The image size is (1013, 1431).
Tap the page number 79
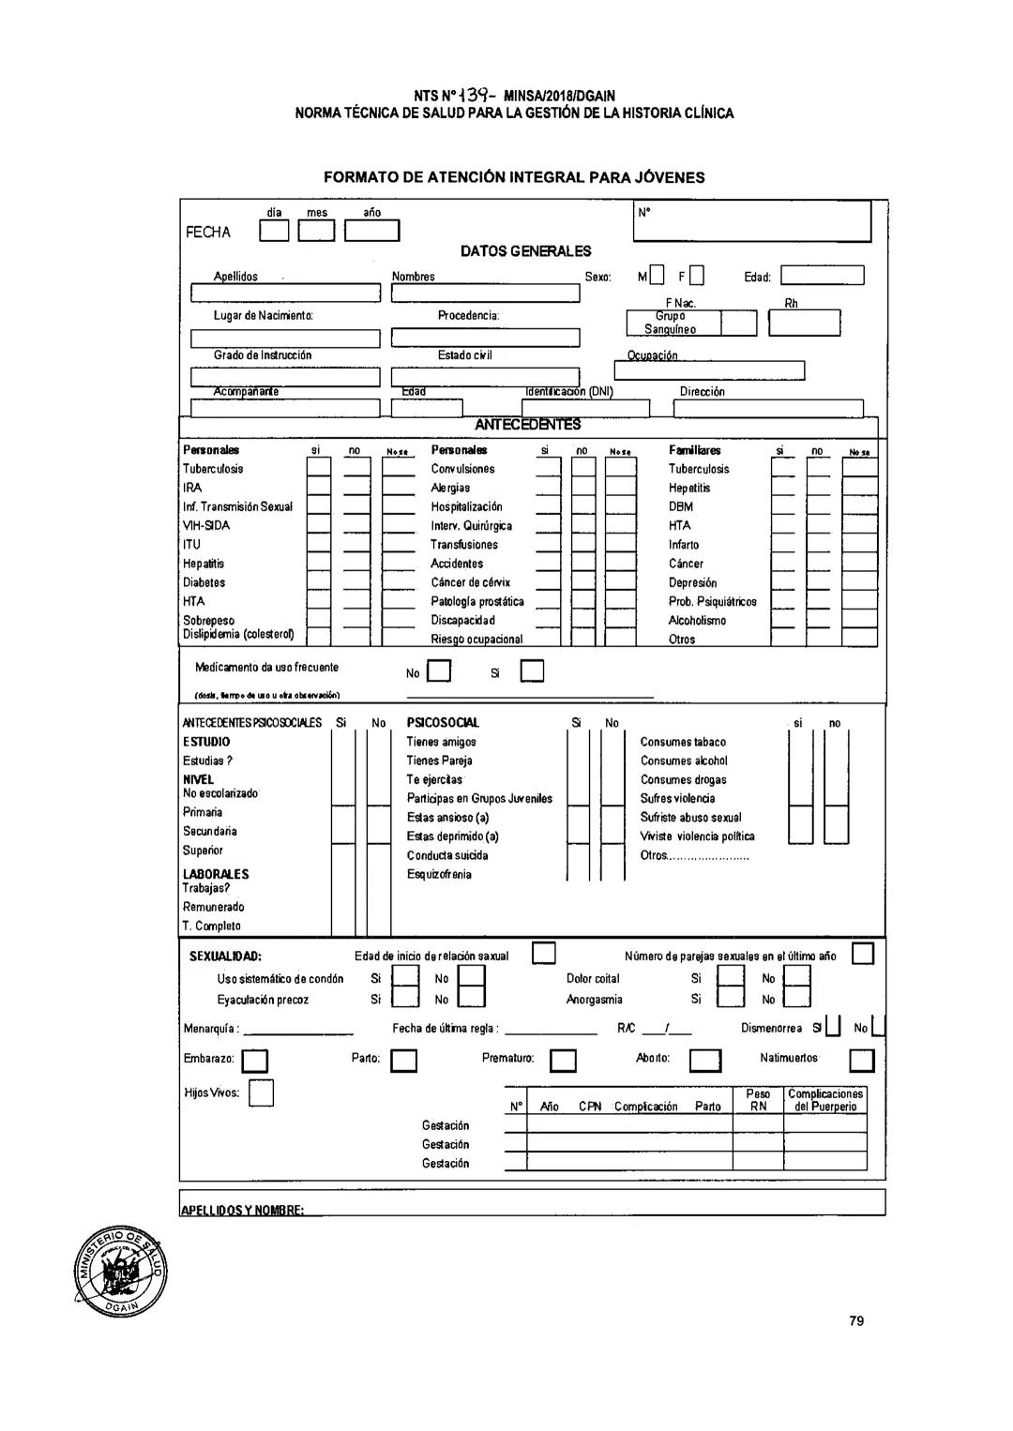point(855,1320)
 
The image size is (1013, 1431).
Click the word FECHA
point(208,233)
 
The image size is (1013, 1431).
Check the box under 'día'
point(274,231)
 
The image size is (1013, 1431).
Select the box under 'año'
point(372,231)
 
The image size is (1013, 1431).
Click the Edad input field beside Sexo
point(822,276)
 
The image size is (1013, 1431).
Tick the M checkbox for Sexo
point(657,276)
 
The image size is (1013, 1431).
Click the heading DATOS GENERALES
point(525,251)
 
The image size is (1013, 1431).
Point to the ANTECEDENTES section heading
point(528,425)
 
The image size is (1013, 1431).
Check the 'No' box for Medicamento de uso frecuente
point(439,672)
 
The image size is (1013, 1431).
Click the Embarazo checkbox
point(255,1061)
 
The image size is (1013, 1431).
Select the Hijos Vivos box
point(262,1093)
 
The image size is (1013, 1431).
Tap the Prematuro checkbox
point(563,1061)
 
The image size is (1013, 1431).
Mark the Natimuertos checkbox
point(861,1061)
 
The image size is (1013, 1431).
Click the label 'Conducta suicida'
point(447,855)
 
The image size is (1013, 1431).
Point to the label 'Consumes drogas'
point(683,779)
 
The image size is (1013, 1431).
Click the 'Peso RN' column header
point(758,1100)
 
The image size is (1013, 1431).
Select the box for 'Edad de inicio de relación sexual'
point(544,954)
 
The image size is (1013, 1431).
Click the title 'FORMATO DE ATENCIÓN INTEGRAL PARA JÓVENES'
point(514,177)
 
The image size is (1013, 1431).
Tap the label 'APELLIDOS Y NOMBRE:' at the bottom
point(242,1210)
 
